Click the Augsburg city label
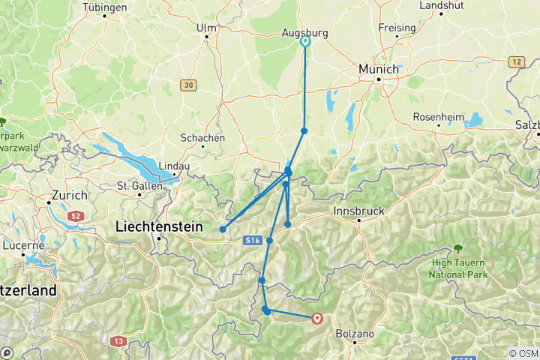pyautogui.click(x=304, y=33)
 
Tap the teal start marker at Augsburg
pyautogui.click(x=305, y=43)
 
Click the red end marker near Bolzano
pyautogui.click(x=317, y=319)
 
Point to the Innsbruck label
pyautogui.click(x=359, y=211)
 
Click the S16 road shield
pyautogui.click(x=252, y=240)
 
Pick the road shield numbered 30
pyautogui.click(x=187, y=85)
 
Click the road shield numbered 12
pyautogui.click(x=516, y=61)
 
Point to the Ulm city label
pyautogui.click(x=205, y=28)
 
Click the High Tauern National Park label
pyautogui.click(x=457, y=269)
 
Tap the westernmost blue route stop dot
pyautogui.click(x=223, y=229)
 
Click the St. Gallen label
pyautogui.click(x=135, y=185)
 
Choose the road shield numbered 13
pyautogui.click(x=118, y=341)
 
